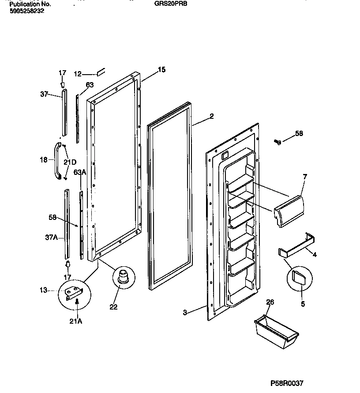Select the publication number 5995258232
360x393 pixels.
click(27, 11)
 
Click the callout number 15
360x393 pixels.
click(161, 70)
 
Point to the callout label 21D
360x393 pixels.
click(70, 162)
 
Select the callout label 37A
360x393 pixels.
click(52, 237)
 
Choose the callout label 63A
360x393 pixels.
click(79, 172)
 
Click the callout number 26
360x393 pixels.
click(270, 302)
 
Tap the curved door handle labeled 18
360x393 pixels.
click(57, 161)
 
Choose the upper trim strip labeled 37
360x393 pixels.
click(64, 112)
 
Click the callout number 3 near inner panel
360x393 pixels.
click(185, 313)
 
